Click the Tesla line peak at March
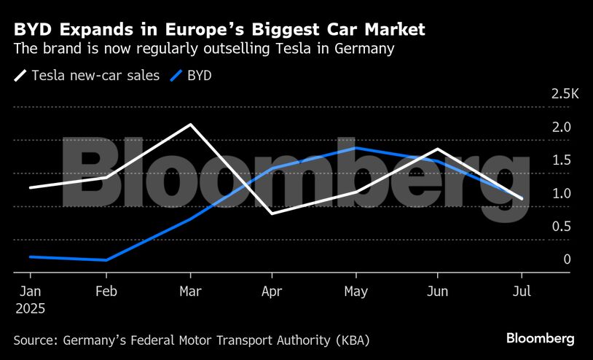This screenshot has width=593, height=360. coord(190,125)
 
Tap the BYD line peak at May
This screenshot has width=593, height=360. coord(356,148)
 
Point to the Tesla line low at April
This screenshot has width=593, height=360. coord(272,214)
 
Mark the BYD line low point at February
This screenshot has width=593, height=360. coord(106,260)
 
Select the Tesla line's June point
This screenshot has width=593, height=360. coord(437,149)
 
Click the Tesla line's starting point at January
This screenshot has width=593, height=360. coord(30,187)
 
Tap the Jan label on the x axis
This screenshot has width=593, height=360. coord(30,290)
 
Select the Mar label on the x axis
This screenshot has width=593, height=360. coord(190,290)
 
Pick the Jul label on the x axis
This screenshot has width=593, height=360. coord(522,290)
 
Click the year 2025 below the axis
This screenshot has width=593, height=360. coord(30,308)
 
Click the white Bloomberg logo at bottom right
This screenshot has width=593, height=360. coord(541,339)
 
